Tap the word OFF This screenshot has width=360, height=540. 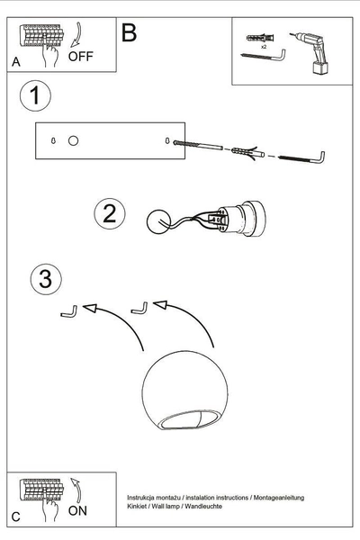click(x=81, y=56)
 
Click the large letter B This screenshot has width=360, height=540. click(x=129, y=33)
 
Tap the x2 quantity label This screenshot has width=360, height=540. click(x=264, y=46)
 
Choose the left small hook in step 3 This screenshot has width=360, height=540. click(x=67, y=311)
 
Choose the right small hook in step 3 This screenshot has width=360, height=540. click(x=139, y=309)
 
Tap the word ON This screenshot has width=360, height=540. click(x=79, y=509)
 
